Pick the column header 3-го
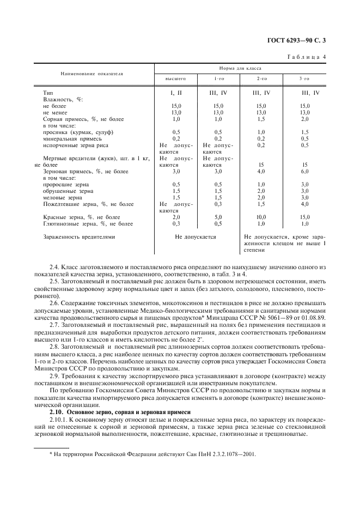coord(304,79)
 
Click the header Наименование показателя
coord(91,73)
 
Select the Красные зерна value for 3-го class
coord(304,217)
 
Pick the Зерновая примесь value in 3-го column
coord(304,171)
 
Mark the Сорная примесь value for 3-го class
coord(304,119)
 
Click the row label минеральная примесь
coord(69,138)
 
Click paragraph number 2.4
coord(53,266)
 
